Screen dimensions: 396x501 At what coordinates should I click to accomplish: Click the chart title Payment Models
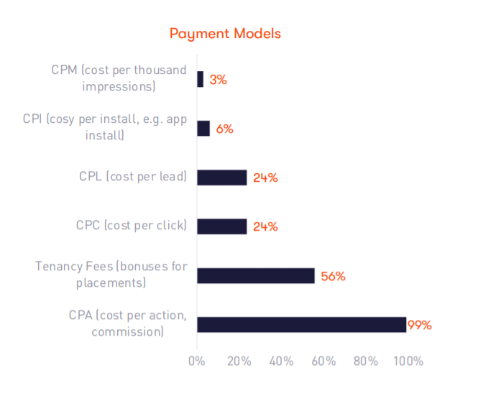(x=225, y=34)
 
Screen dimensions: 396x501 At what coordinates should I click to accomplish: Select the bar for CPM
(x=201, y=80)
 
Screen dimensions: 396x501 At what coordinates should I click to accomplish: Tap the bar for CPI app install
(x=203, y=129)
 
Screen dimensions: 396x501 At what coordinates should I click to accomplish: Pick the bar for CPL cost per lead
(x=222, y=178)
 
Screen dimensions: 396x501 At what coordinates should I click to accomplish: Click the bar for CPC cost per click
(x=222, y=226)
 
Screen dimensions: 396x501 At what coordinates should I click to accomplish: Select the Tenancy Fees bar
(x=256, y=275)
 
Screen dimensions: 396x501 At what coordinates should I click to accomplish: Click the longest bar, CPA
(x=302, y=324)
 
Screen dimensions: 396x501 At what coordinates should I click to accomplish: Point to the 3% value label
(x=219, y=80)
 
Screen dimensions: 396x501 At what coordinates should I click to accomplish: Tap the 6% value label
(x=224, y=129)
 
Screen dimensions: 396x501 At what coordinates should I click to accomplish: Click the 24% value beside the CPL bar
(x=265, y=178)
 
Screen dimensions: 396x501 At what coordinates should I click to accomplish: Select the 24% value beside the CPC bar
(x=265, y=227)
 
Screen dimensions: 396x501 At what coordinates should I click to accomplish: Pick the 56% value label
(x=333, y=276)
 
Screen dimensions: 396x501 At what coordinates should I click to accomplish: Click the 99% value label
(x=420, y=325)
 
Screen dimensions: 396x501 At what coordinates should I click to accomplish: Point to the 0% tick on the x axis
(x=196, y=361)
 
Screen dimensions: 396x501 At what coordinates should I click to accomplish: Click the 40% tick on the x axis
(x=280, y=361)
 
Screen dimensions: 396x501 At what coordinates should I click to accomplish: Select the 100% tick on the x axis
(x=408, y=361)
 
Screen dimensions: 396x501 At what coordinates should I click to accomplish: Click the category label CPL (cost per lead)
(x=133, y=177)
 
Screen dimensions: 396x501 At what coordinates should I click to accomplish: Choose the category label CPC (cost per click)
(x=132, y=226)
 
